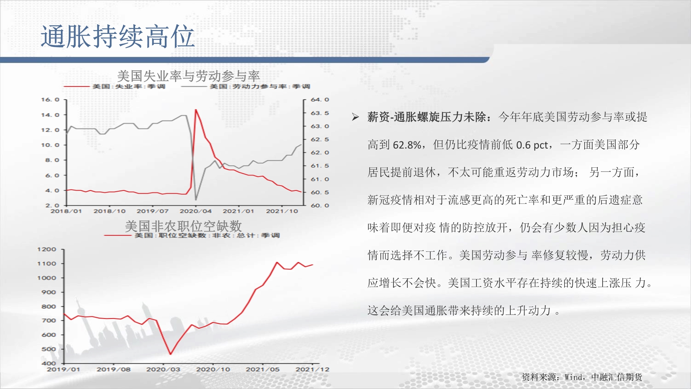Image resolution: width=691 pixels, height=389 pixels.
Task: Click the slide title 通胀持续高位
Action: coord(117,36)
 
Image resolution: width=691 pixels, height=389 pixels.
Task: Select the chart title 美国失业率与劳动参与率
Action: coord(188,76)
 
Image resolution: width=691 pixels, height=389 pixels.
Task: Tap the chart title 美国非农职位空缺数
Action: coord(183,226)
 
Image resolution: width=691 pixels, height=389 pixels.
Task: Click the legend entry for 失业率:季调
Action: coord(114,86)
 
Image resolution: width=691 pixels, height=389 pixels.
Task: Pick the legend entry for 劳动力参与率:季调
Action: coord(246,86)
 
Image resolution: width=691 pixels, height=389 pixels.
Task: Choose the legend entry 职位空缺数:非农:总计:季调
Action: coord(192,235)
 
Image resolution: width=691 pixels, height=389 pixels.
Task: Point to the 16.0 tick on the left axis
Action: coord(50,100)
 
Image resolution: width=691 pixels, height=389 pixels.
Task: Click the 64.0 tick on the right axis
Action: coord(320,100)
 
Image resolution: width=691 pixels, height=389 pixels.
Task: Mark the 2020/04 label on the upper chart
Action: coord(196,211)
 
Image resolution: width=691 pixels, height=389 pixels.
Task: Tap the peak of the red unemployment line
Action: coord(196,110)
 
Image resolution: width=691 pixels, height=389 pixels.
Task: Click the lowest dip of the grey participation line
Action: coord(196,200)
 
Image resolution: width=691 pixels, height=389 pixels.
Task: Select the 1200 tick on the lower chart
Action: coord(47,249)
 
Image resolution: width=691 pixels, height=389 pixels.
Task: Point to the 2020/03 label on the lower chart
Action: coord(163,369)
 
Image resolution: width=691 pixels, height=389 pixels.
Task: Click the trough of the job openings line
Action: coord(170,354)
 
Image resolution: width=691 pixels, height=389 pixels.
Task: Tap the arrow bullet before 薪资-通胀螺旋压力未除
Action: coord(355,117)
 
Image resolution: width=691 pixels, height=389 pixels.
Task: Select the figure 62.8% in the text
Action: coord(407,145)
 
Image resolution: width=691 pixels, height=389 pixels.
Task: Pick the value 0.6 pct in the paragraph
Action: coord(532,145)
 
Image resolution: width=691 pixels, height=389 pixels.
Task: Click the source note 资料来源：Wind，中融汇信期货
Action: coord(582,377)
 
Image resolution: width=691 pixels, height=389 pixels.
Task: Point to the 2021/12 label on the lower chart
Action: coord(312,369)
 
